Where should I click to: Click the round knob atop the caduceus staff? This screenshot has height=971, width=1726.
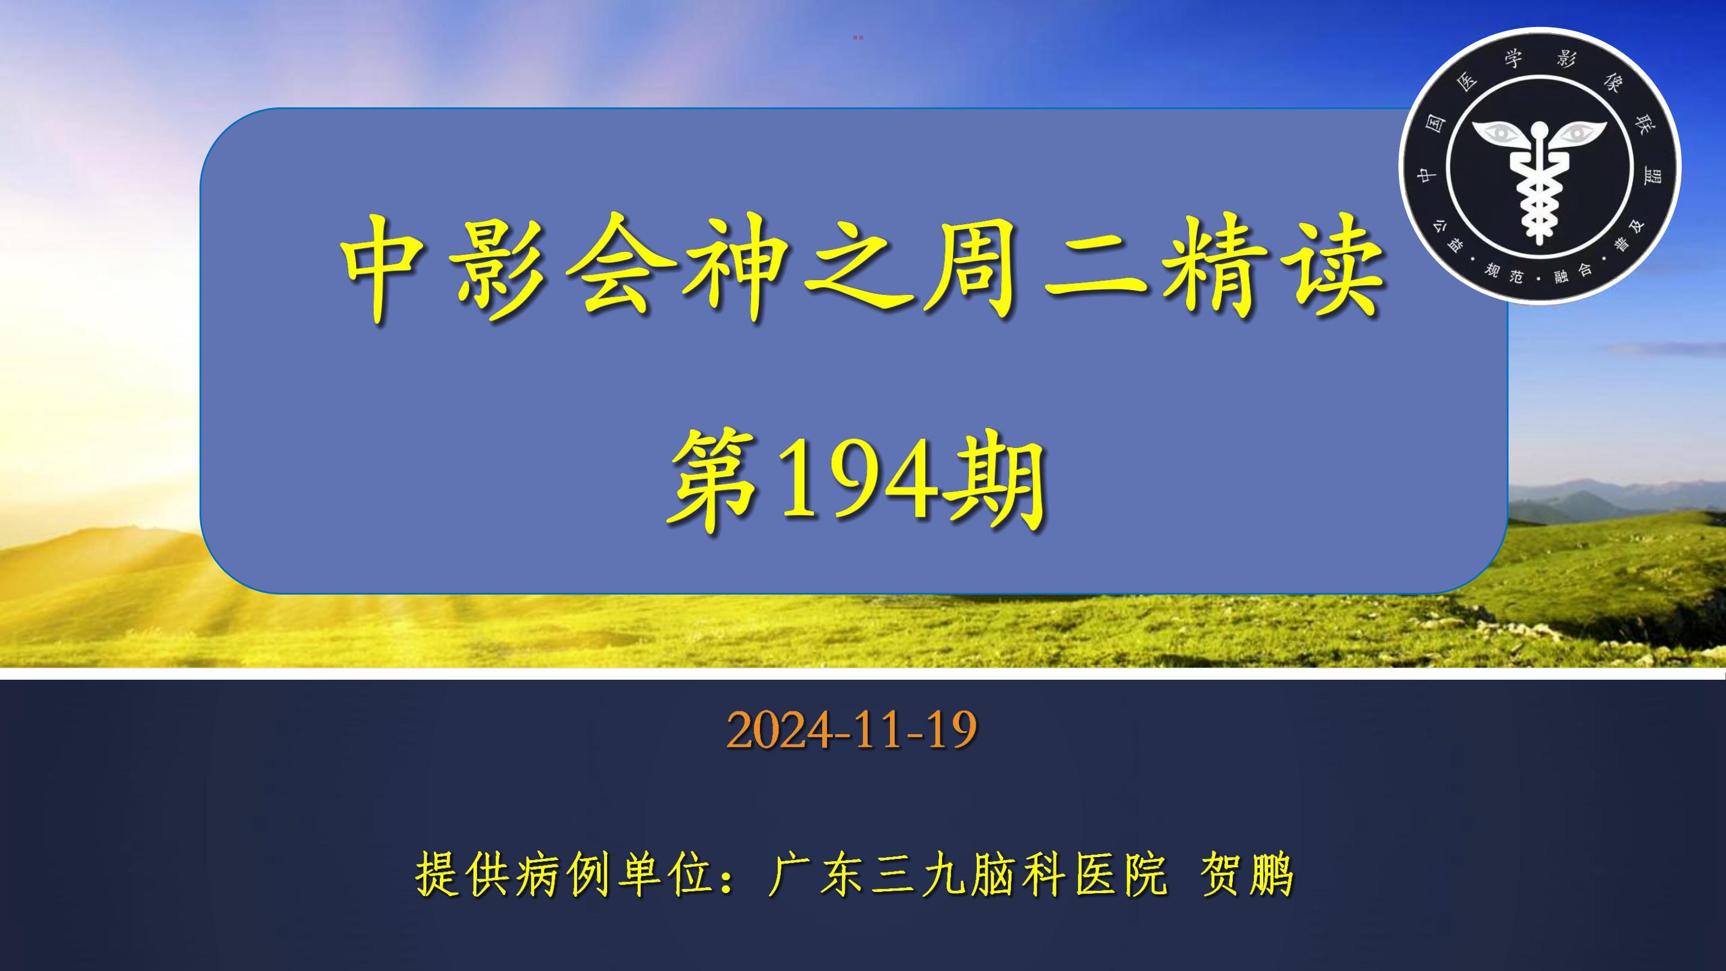tap(1539, 126)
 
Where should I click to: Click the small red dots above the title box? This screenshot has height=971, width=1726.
tap(858, 38)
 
